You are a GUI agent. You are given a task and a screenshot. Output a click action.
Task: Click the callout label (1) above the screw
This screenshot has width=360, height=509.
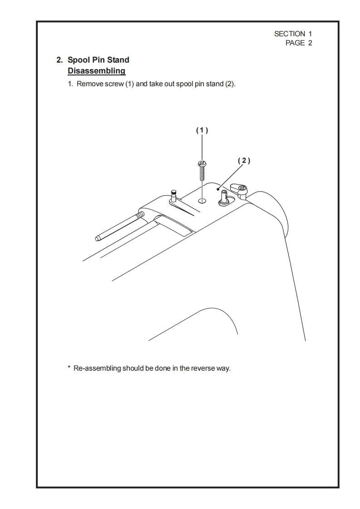[202, 130]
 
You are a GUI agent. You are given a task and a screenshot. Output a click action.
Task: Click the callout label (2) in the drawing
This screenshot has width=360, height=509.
[244, 161]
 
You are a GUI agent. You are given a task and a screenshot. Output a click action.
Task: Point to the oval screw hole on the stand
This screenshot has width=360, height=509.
[202, 200]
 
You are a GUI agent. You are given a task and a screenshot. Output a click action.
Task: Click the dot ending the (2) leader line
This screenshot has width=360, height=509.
[218, 189]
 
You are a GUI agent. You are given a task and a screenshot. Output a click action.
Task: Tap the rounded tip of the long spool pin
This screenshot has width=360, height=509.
[98, 237]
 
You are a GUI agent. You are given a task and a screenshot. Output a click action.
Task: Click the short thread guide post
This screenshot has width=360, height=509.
[173, 196]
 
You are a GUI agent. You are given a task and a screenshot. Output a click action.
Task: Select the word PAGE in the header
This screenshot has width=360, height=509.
[295, 43]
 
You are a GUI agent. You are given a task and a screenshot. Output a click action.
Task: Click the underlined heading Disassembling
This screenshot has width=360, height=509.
[96, 71]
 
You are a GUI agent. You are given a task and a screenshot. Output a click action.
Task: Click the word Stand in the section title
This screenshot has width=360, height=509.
[118, 60]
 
